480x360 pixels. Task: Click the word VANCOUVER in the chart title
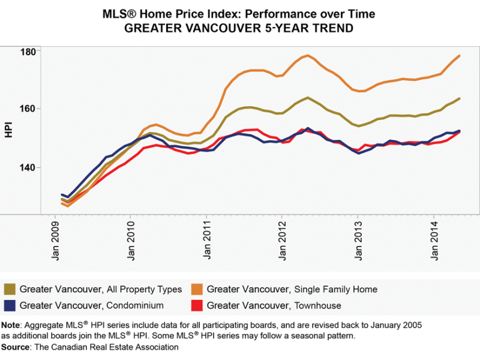click(202, 28)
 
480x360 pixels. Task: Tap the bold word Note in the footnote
click(10, 325)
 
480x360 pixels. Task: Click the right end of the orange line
click(459, 56)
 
